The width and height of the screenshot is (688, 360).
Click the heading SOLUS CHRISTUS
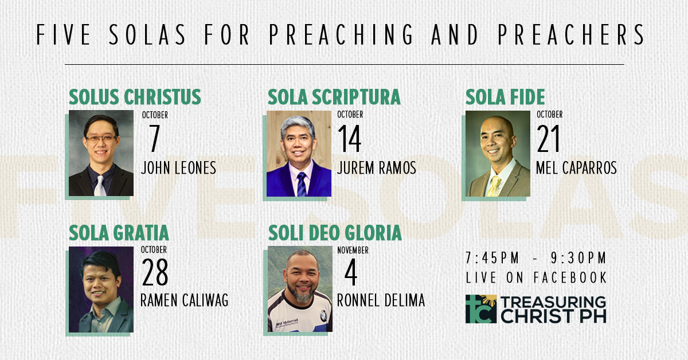[135, 97]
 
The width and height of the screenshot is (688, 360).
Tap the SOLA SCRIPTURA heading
[334, 97]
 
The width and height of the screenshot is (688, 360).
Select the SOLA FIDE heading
[505, 97]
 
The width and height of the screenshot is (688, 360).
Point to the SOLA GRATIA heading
[119, 233]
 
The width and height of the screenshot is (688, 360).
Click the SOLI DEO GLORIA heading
[335, 233]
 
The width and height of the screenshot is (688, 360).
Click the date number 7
[154, 138]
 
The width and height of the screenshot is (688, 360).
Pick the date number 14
[349, 139]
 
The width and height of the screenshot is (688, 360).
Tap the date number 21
[548, 139]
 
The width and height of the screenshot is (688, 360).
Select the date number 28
[155, 272]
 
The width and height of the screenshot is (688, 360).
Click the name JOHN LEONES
[178, 168]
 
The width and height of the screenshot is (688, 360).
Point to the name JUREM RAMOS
[377, 168]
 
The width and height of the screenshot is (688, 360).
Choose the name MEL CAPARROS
[576, 168]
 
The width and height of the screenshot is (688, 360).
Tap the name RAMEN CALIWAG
[184, 300]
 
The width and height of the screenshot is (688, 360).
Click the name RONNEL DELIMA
[381, 300]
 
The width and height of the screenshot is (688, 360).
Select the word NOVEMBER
[353, 251]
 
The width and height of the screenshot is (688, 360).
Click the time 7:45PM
[492, 258]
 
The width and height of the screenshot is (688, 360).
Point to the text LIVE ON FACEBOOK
[536, 277]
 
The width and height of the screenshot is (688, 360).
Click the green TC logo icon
[481, 309]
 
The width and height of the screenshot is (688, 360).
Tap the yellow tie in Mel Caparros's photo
[495, 186]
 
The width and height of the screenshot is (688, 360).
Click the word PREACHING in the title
[342, 35]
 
